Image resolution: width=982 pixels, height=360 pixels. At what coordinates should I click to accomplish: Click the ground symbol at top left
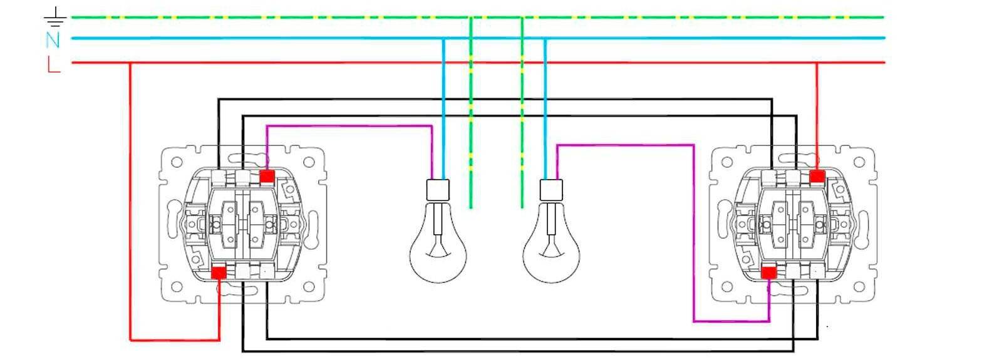56,18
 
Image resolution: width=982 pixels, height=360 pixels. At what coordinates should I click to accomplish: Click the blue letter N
53,40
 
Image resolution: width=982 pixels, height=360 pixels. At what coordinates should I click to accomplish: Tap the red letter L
53,64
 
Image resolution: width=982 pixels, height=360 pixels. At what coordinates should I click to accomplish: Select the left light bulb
438,250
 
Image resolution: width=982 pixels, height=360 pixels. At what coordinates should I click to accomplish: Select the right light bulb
551,250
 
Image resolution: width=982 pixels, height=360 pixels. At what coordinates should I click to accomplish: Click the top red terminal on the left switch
266,177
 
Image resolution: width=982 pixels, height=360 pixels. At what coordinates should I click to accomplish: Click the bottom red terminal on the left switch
219,273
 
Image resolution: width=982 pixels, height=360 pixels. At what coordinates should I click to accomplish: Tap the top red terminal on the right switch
817,177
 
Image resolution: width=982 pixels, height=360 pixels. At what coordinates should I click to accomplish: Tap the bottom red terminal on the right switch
768,272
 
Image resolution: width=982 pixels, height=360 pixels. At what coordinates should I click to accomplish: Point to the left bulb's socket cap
438,190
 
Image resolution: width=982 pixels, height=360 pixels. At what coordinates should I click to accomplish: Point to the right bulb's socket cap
551,190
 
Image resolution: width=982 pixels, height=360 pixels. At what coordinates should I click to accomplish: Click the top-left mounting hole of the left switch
176,162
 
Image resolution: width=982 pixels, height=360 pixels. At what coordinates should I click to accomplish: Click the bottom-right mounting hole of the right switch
861,286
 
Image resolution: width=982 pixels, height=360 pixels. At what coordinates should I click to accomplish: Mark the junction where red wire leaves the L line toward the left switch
130,63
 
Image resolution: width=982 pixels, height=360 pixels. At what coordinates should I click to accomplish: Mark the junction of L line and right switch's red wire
817,63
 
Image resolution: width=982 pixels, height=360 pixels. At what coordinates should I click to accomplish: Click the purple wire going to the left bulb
351,126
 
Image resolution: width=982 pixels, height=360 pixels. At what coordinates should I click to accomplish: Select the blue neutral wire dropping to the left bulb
443,113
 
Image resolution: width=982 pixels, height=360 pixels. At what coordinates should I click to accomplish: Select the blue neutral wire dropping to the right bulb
545,113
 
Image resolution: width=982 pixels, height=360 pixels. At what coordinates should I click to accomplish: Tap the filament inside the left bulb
438,247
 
